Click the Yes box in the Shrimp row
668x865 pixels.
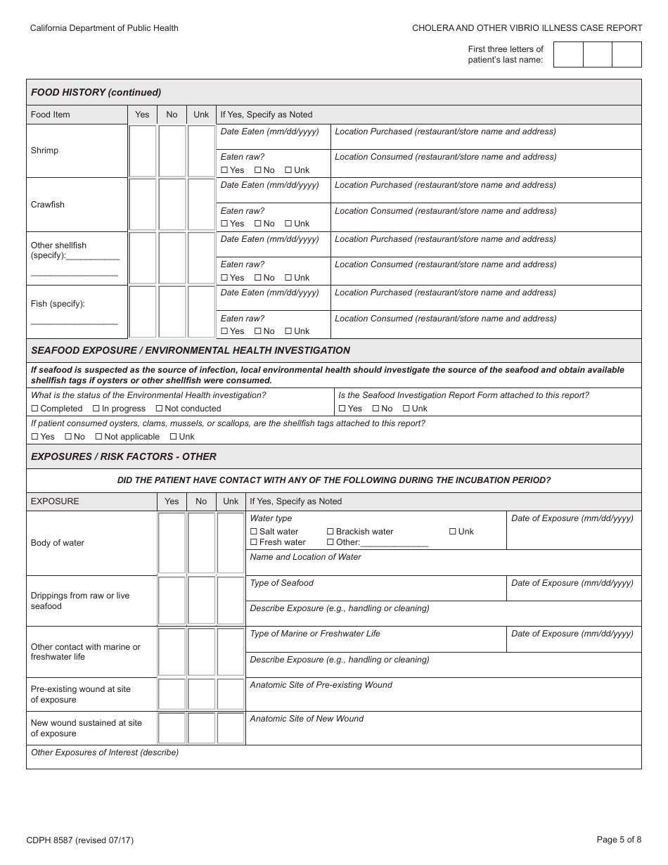coord(143,150)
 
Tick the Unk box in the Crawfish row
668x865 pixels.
coord(201,204)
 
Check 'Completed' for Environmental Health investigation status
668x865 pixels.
coord(35,409)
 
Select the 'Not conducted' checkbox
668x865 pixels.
coord(160,409)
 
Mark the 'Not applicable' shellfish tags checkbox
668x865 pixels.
coord(99,437)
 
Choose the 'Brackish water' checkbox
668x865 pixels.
coord(330,532)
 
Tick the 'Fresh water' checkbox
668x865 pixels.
coord(254,542)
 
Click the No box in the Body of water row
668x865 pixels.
coord(201,543)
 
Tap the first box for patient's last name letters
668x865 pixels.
coord(568,54)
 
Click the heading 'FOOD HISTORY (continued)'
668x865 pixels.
coord(96,92)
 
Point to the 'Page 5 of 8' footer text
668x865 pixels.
coord(618,839)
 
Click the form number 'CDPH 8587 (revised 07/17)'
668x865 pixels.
coord(80,840)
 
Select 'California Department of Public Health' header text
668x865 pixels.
coord(104,28)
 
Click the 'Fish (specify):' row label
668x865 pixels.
coord(58,304)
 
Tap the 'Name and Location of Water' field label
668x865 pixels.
coord(305,557)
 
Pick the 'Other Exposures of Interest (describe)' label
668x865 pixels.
coord(105,752)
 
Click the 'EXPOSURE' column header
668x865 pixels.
coord(55,501)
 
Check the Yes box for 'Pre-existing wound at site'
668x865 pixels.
coord(172,694)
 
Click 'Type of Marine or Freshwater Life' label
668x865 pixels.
coord(315,634)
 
